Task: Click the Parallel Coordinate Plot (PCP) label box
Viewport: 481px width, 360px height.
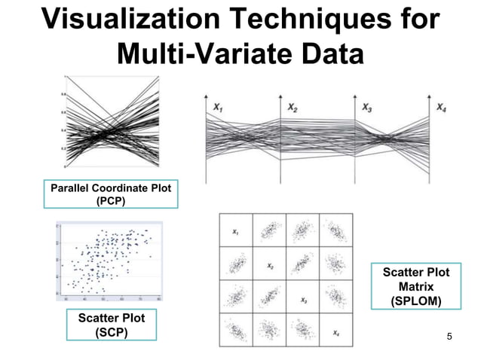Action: [111, 194]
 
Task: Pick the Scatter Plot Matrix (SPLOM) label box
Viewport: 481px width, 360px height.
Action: [415, 286]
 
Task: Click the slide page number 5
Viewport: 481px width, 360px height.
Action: [449, 335]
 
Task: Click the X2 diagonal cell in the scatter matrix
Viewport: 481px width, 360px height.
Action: [269, 266]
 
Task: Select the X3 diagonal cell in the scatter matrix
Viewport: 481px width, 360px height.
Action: [303, 299]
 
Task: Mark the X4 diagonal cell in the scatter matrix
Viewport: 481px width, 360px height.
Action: [335, 331]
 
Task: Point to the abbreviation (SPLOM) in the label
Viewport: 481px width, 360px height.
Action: [415, 301]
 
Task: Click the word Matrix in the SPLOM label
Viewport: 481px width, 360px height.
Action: [415, 287]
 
